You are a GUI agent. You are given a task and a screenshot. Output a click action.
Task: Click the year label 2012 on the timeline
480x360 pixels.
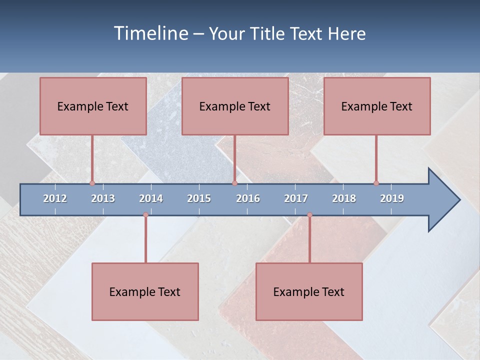[x=55, y=198]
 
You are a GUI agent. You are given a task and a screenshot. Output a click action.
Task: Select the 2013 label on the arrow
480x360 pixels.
[x=103, y=198]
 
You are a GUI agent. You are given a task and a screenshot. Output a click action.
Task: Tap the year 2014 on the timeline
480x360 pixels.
[x=151, y=198]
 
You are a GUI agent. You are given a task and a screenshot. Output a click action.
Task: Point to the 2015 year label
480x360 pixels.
[x=199, y=198]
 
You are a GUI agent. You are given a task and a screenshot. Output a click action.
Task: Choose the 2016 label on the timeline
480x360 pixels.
[x=248, y=198]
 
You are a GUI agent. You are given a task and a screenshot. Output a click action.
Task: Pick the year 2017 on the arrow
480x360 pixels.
[x=296, y=198]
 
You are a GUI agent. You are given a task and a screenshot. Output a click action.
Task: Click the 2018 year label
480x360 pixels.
[x=344, y=198]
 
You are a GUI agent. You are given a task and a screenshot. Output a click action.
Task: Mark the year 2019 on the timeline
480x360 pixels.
[x=392, y=198]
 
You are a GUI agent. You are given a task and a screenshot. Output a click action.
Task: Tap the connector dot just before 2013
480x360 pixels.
[x=92, y=183]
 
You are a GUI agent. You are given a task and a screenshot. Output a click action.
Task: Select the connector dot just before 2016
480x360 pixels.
[x=234, y=183]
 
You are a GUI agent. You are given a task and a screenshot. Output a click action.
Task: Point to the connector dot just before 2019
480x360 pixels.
[x=376, y=183]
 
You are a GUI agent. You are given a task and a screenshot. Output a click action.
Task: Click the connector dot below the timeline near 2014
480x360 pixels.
[x=145, y=215]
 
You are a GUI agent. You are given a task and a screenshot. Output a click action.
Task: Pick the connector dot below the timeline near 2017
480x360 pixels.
[x=309, y=215]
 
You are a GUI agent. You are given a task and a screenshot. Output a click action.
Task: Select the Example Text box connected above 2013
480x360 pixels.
[x=93, y=106]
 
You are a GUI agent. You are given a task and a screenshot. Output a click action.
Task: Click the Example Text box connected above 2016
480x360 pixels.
[x=235, y=106]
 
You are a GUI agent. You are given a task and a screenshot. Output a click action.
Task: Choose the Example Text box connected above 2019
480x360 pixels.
[x=377, y=106]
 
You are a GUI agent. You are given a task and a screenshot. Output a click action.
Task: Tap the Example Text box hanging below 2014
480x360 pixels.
[x=145, y=291]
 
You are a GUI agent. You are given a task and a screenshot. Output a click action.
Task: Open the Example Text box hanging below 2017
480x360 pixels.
[x=309, y=291]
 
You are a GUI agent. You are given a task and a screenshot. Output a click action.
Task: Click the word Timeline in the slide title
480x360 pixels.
[x=150, y=33]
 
